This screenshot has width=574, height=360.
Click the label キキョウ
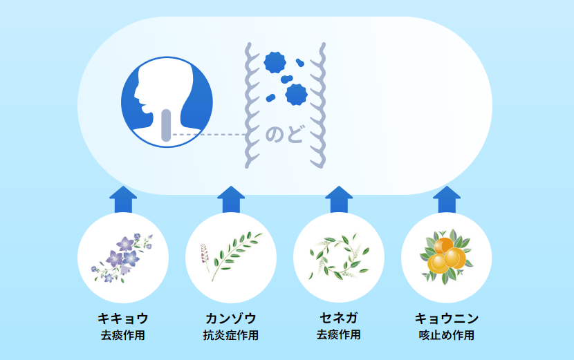click(x=123, y=319)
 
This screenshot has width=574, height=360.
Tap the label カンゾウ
click(x=230, y=319)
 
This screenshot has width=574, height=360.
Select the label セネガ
click(x=339, y=318)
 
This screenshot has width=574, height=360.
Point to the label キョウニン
click(x=447, y=319)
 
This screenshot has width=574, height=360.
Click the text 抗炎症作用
click(x=230, y=335)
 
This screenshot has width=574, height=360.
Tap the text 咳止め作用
click(x=447, y=335)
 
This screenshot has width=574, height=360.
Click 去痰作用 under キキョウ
click(x=123, y=335)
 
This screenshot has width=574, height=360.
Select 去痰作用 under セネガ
click(x=339, y=334)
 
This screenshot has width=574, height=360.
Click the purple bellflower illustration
click(x=122, y=258)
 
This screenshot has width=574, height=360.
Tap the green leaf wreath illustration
click(x=339, y=257)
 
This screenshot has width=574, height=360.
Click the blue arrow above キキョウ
click(x=123, y=200)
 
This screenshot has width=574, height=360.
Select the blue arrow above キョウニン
click(x=447, y=200)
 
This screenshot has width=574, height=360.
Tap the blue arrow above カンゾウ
click(x=230, y=200)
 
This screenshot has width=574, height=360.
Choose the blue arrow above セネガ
click(x=339, y=200)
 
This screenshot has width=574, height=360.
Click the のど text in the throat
click(x=285, y=134)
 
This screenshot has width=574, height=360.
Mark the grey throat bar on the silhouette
click(x=166, y=125)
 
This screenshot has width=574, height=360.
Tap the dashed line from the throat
click(x=209, y=135)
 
